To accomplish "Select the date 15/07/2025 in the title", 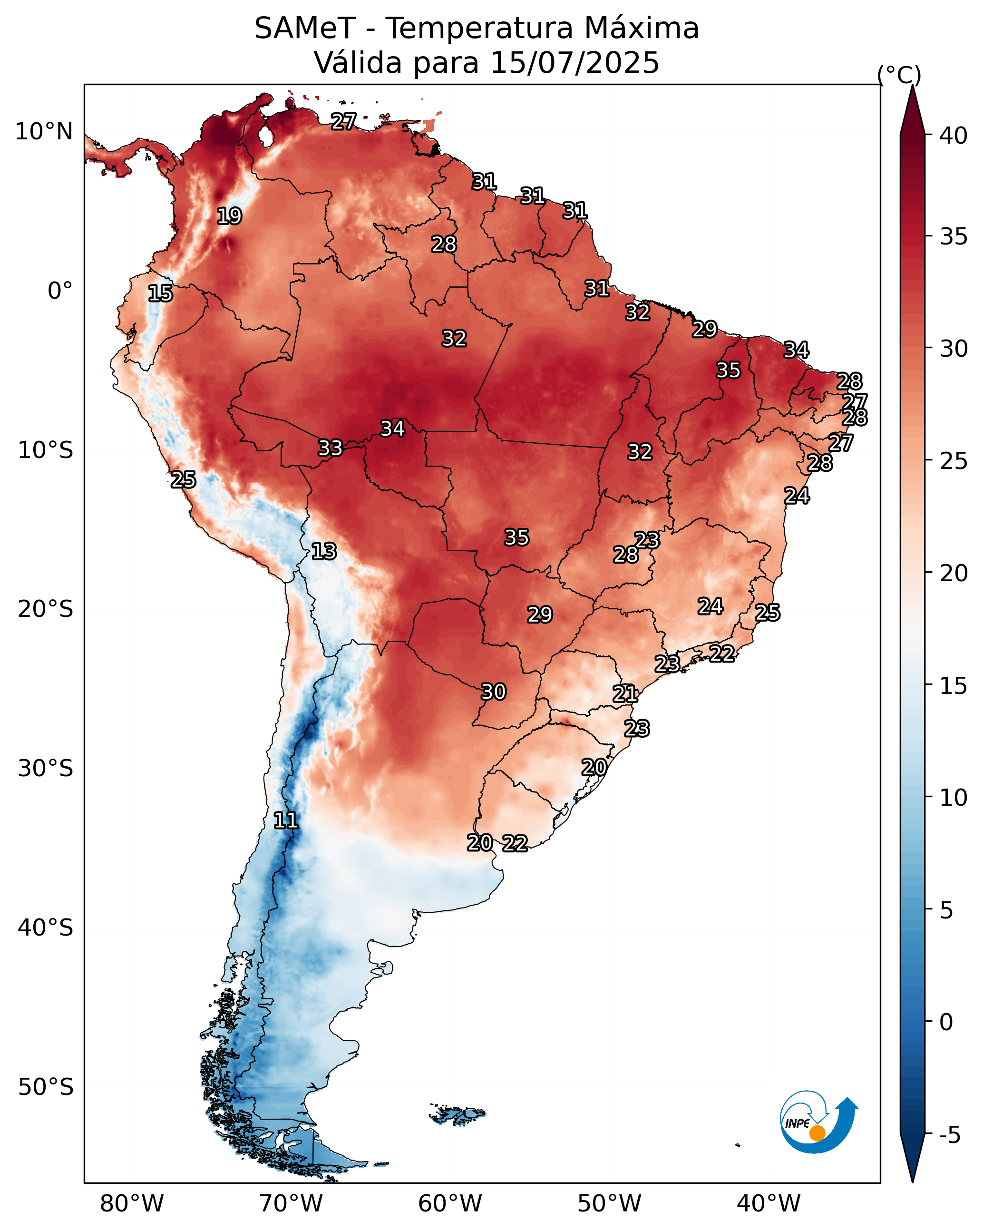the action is [574, 62].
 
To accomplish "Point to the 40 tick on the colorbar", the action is [954, 136].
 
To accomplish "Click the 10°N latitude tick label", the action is [44, 132].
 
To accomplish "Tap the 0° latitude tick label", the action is [60, 291].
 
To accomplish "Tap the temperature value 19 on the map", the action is [229, 216].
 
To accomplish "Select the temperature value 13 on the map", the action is [323, 551].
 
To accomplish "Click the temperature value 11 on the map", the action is [285, 820].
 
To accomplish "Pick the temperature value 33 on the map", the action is [330, 448].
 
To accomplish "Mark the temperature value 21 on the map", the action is [625, 694].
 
